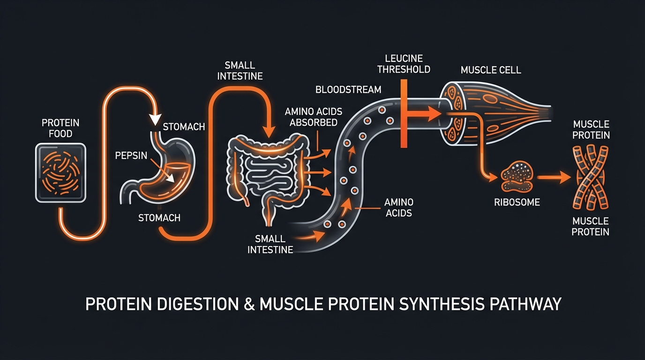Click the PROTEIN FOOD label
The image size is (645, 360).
click(x=60, y=128)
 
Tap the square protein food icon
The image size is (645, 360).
click(x=61, y=172)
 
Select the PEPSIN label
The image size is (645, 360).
click(x=132, y=155)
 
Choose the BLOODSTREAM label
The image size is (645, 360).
click(x=348, y=89)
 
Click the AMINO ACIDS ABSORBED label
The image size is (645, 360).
click(x=313, y=117)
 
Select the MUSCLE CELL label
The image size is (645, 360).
click(x=491, y=70)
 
